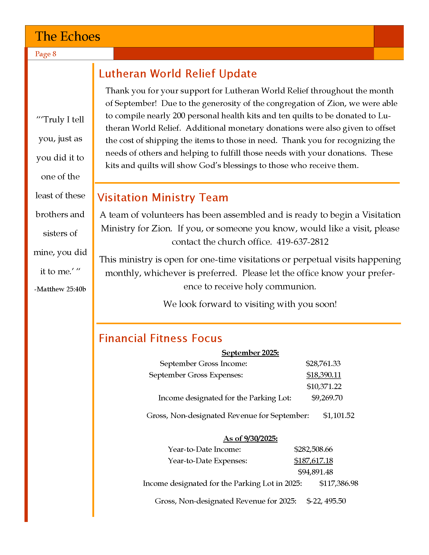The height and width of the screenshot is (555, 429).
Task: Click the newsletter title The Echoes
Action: (68, 36)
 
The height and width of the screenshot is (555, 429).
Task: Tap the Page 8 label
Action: (45, 54)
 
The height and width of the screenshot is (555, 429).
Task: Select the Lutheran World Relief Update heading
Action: (178, 74)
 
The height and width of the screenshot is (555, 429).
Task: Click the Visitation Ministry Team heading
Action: (163, 198)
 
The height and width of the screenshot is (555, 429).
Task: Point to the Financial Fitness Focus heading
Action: (160, 339)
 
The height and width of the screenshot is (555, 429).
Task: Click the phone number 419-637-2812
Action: (302, 242)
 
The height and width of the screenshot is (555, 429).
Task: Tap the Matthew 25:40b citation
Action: (60, 289)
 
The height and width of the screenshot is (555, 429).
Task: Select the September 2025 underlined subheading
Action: (250, 353)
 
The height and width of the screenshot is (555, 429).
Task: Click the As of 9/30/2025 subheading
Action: (250, 438)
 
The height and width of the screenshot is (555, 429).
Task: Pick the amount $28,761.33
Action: (323, 364)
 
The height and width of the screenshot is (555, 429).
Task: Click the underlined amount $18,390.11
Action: (324, 375)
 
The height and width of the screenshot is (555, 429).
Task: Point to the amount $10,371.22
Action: (324, 386)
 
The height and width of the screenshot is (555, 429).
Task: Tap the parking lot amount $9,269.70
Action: (327, 398)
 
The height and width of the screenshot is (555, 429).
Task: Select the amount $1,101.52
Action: (338, 415)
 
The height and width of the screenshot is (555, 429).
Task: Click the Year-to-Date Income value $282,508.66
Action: (313, 449)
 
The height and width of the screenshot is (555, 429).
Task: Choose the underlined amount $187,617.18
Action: (313, 460)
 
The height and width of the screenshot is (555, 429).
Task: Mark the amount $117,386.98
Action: (338, 483)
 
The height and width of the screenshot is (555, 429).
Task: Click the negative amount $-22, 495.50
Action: (326, 501)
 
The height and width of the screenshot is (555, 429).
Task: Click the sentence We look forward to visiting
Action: (250, 304)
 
